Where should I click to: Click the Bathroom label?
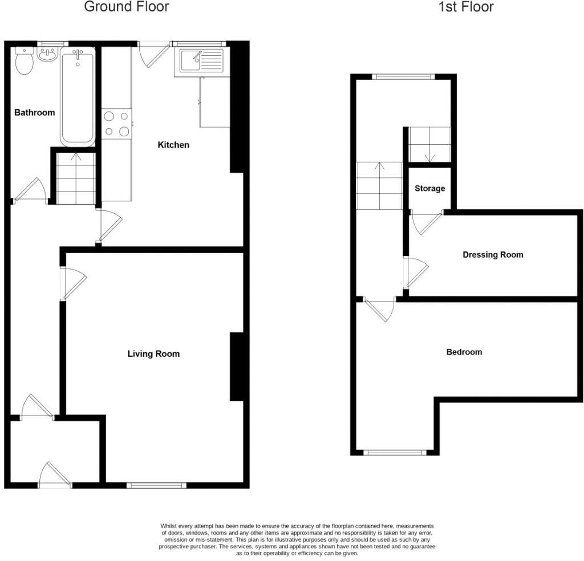pos(34,112)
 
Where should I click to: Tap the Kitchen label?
pos(173,145)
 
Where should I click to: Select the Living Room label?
pos(153,354)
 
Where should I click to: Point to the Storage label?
pos(429,189)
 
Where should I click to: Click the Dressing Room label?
pos(492,255)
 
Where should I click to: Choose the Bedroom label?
pos(464,352)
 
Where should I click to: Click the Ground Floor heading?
pos(126,7)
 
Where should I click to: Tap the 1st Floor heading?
pos(466,7)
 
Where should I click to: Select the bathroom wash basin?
pos(47,56)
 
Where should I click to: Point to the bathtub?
pos(78,96)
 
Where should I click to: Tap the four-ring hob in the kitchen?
pos(116,124)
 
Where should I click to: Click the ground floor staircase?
pos(76,178)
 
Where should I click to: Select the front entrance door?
pos(55,474)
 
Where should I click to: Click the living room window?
pos(156,485)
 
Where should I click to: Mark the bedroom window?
pos(395,453)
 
